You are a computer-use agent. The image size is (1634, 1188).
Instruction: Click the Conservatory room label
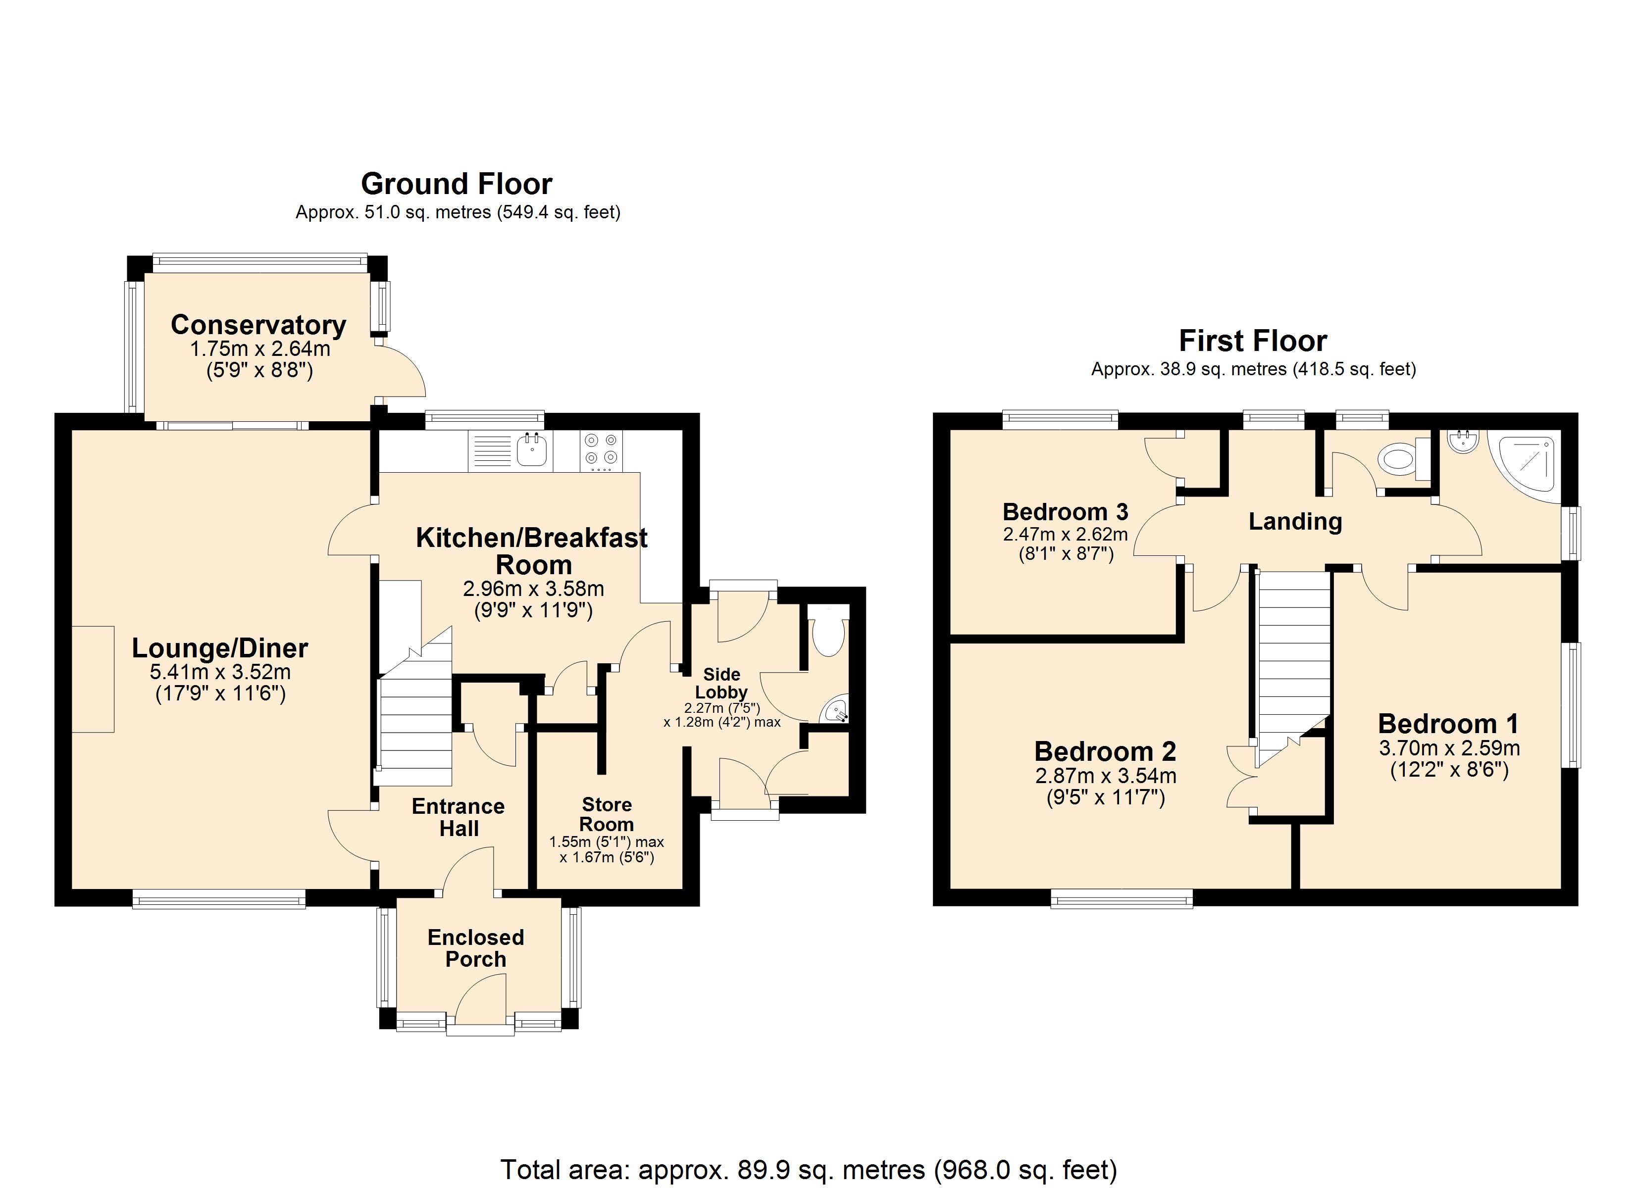pos(258,324)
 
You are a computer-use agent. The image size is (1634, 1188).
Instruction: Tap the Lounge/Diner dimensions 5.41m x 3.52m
pos(220,672)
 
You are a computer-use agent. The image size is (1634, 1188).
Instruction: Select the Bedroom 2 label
pos(1105,751)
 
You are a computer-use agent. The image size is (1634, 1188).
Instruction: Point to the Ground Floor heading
pos(457,184)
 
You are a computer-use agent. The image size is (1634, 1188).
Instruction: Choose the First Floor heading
pos(1253,340)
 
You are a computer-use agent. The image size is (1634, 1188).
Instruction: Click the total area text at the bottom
pos(809,1170)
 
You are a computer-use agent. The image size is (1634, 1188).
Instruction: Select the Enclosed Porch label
pos(475,948)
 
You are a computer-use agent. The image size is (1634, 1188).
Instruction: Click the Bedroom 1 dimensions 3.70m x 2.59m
pos(1450,748)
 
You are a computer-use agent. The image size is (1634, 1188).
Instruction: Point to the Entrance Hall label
pos(458,817)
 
